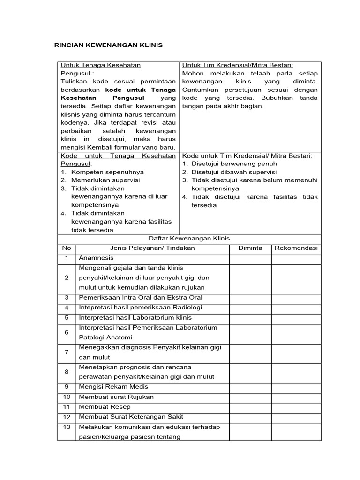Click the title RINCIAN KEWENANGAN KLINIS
(108, 45)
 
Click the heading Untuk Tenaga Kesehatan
(101, 65)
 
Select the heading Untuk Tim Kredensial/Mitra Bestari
(240, 65)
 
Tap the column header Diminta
(250, 248)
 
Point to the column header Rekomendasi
(296, 248)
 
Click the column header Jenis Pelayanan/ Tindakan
(152, 248)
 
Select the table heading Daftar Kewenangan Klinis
(189, 239)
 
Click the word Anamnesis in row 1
(97, 258)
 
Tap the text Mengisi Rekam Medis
(113, 387)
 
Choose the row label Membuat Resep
(105, 407)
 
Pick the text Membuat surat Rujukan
(116, 397)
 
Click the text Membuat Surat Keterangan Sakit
(131, 417)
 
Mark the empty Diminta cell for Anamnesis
(250, 258)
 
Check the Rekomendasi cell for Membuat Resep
(296, 407)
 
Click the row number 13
(67, 427)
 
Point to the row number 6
(67, 332)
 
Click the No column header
(67, 248)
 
